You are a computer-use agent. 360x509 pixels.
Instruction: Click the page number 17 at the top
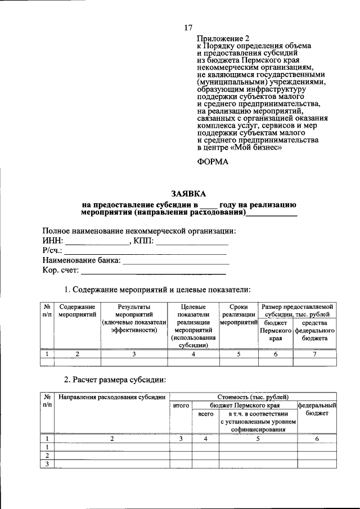[x=188, y=28]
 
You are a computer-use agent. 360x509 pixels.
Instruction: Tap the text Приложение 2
[x=222, y=39]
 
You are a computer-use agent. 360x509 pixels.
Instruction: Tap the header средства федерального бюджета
[x=318, y=331]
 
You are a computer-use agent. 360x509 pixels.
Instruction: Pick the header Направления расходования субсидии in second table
[x=112, y=397]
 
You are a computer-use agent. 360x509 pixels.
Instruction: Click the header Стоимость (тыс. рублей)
[x=253, y=397]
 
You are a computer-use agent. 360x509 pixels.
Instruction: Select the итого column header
[x=181, y=405]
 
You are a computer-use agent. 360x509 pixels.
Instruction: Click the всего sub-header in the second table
[x=205, y=413]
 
